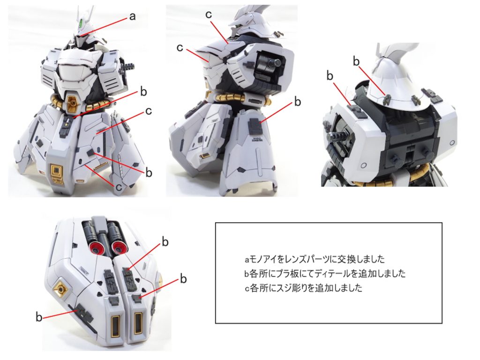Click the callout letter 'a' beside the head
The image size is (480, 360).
coord(132,17)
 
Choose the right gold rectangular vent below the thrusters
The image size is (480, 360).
coord(138,323)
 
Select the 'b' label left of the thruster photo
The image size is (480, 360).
coord(38,317)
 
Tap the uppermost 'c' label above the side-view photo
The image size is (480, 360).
coord(209,15)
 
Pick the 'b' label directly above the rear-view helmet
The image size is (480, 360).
coord(356,61)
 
